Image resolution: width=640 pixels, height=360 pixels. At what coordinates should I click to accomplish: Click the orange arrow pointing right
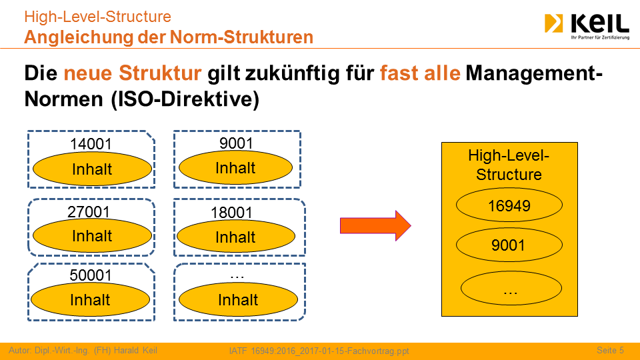[375, 226]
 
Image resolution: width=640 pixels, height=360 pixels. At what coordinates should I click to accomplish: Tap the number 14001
[91, 144]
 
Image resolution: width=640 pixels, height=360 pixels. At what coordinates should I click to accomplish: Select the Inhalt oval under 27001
[92, 235]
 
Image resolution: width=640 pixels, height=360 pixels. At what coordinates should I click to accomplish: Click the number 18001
[231, 213]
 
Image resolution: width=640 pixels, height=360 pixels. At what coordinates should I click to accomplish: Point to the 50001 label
[91, 275]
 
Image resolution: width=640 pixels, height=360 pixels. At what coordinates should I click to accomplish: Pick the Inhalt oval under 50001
[90, 299]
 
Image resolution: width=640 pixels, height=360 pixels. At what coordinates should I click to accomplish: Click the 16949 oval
[509, 205]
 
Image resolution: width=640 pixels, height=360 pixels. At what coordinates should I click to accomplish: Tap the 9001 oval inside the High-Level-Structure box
[509, 245]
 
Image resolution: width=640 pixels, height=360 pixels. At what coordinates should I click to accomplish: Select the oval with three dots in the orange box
[511, 288]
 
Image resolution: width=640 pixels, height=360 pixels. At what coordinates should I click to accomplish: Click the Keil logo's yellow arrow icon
[553, 23]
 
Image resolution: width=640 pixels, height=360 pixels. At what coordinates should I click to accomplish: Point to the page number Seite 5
[610, 350]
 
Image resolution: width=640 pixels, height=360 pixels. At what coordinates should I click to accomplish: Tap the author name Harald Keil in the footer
[135, 350]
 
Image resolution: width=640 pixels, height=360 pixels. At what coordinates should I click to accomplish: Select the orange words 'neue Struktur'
[132, 73]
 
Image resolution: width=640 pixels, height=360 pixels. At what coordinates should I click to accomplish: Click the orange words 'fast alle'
[420, 73]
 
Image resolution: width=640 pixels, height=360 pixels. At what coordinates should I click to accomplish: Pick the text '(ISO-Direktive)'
[185, 99]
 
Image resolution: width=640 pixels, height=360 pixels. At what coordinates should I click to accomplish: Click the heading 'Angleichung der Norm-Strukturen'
[169, 37]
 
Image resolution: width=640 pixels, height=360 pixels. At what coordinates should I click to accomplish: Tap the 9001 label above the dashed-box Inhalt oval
[236, 143]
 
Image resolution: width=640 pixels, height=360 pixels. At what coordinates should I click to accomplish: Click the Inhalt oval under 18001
[236, 236]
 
